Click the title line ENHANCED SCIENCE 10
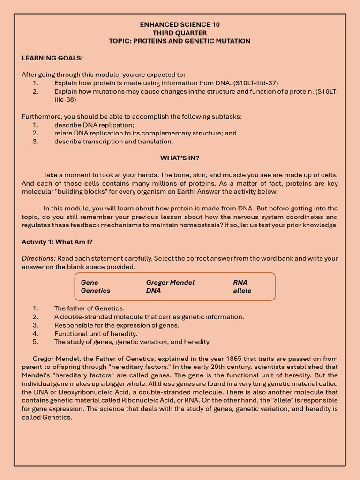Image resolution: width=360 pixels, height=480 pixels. click(180, 24)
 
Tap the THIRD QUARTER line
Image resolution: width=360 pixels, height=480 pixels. click(180, 33)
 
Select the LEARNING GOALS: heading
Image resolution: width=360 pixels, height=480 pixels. click(52, 58)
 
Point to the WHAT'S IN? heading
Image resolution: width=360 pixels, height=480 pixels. click(180, 158)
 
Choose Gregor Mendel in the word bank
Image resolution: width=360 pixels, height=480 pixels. click(170, 282)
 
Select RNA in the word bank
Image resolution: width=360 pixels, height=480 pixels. click(240, 282)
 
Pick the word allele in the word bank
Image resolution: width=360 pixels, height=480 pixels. click(242, 291)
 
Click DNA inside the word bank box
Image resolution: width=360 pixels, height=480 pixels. click(153, 291)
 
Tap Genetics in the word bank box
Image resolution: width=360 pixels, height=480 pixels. click(96, 291)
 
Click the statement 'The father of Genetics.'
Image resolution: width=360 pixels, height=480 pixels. click(89, 308)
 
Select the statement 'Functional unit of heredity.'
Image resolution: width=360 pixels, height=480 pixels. click(96, 334)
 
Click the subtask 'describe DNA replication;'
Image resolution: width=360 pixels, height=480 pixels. click(94, 125)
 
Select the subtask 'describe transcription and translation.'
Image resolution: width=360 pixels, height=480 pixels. click(113, 142)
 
